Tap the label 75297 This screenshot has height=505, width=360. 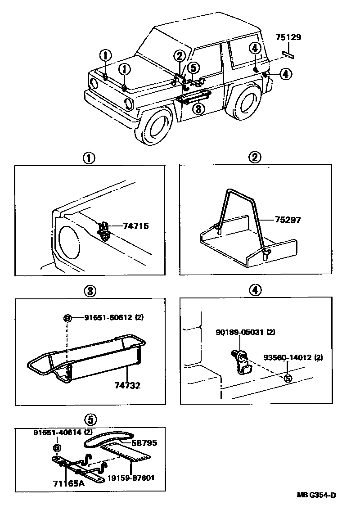(x=288, y=220)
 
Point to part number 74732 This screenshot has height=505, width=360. (x=127, y=386)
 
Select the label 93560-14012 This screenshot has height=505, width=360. (x=293, y=358)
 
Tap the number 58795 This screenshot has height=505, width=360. (x=144, y=443)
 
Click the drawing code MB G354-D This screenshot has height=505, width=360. (x=316, y=496)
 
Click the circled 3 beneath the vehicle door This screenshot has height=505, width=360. (x=199, y=108)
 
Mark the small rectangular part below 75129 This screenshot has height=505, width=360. (x=288, y=54)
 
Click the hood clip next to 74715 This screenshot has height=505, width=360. (x=104, y=230)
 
